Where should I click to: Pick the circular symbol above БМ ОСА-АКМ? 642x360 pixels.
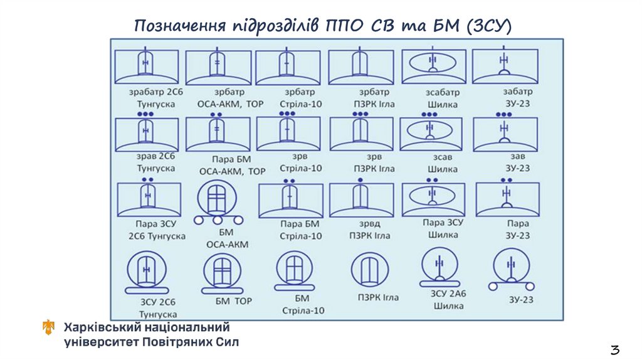click(x=217, y=202)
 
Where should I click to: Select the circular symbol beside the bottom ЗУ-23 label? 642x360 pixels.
click(x=512, y=268)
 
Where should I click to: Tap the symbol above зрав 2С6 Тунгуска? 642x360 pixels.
click(x=147, y=134)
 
